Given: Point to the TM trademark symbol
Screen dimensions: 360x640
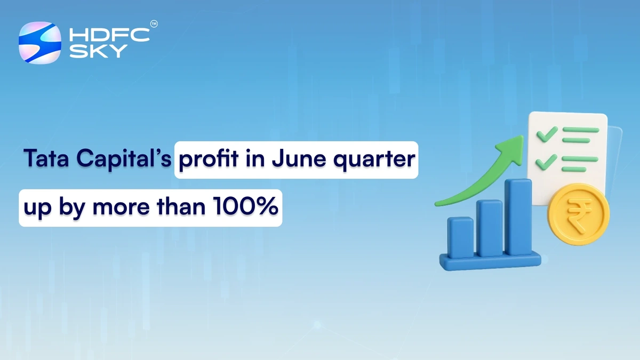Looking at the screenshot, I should pos(154,25).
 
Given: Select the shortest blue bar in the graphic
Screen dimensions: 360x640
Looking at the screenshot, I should pos(461,237).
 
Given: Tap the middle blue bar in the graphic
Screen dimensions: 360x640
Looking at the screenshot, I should pos(490,228).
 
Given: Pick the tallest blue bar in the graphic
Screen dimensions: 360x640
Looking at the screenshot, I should pos(518,217).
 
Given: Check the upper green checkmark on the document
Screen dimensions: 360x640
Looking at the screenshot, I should pos(547,133).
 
